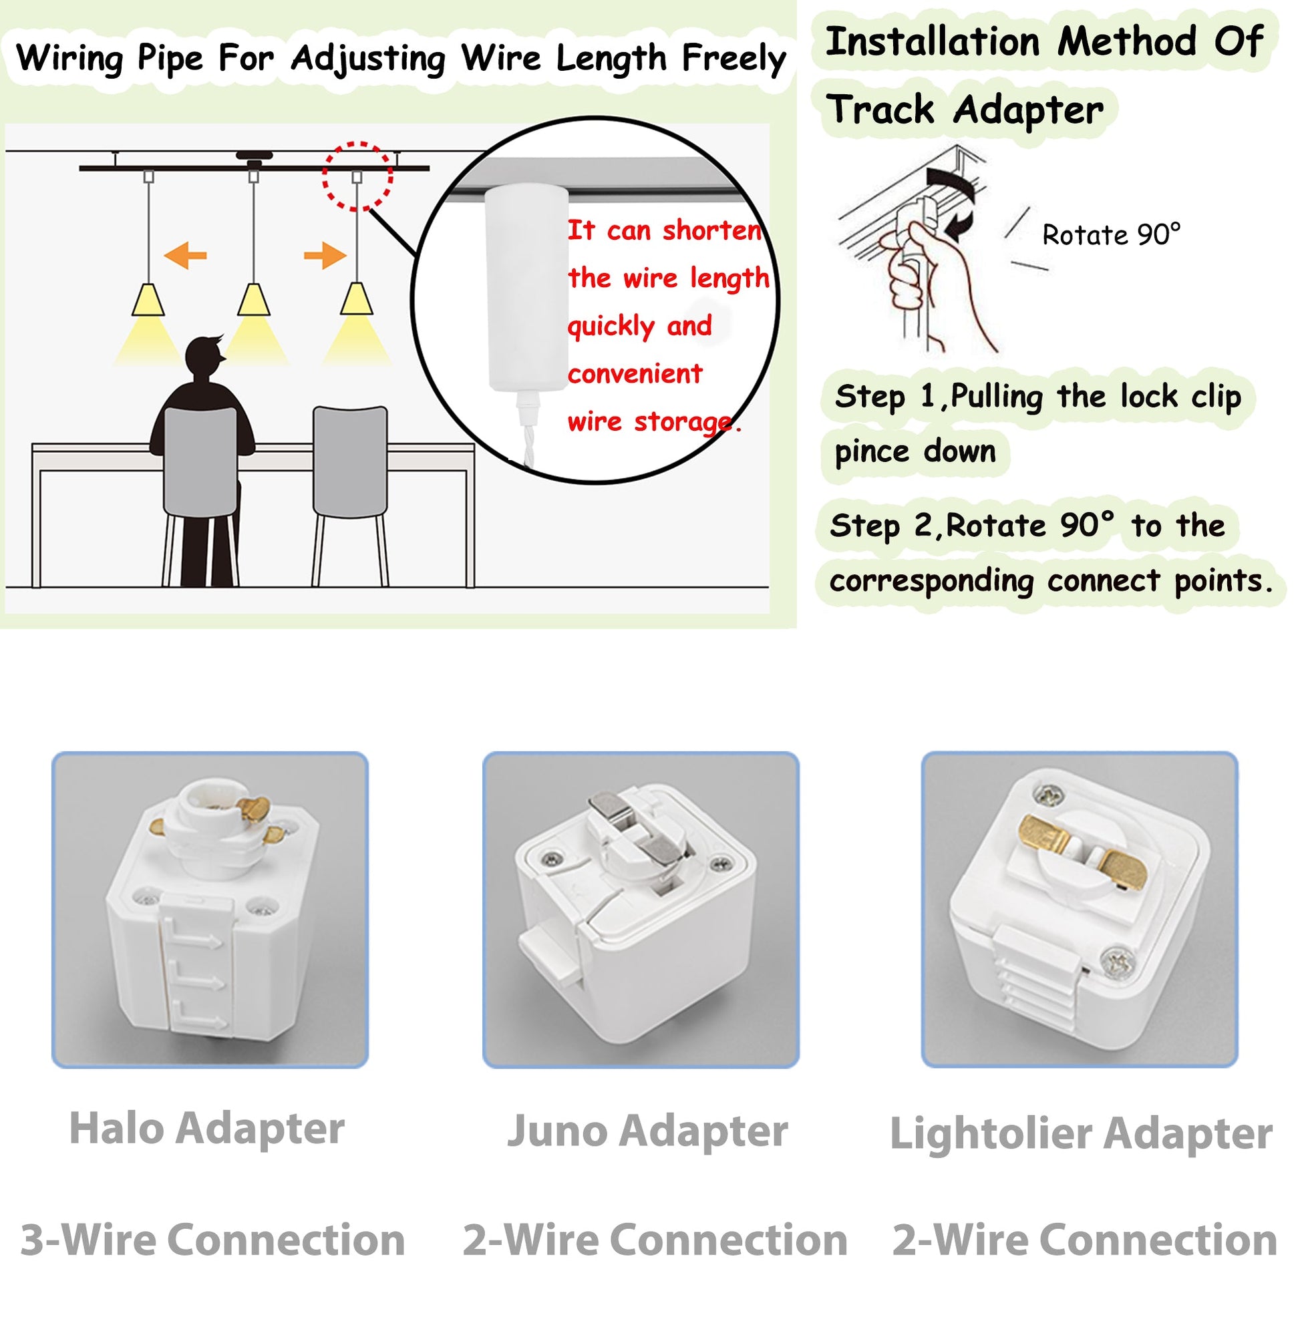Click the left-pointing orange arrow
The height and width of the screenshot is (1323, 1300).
coord(186,256)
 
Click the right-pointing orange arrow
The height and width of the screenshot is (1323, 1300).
coord(325,256)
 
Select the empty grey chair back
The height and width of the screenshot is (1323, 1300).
coord(350,461)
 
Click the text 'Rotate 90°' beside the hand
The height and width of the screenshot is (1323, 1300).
coord(1111,236)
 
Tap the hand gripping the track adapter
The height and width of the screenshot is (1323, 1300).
coord(935,273)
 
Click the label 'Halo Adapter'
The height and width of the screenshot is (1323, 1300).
coord(207,1130)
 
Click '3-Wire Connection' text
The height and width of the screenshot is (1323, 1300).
coord(213,1240)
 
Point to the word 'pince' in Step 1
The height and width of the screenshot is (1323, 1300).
coord(872,453)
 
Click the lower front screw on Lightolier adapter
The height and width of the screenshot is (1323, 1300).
coord(1118,962)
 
